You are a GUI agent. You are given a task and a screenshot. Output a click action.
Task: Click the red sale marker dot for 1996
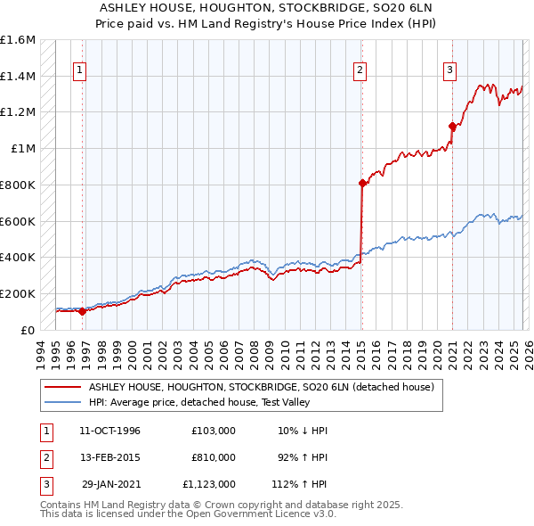point(82,311)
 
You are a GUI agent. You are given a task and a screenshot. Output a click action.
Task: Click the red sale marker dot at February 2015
point(362,184)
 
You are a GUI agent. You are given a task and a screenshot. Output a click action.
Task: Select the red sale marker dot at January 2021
point(452,127)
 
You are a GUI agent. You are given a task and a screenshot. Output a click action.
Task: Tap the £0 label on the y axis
point(28,330)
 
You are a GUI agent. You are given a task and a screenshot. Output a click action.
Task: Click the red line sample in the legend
point(62,387)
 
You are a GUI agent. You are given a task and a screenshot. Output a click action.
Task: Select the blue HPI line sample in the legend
point(62,402)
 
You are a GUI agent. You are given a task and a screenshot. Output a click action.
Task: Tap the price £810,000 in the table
point(213,456)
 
